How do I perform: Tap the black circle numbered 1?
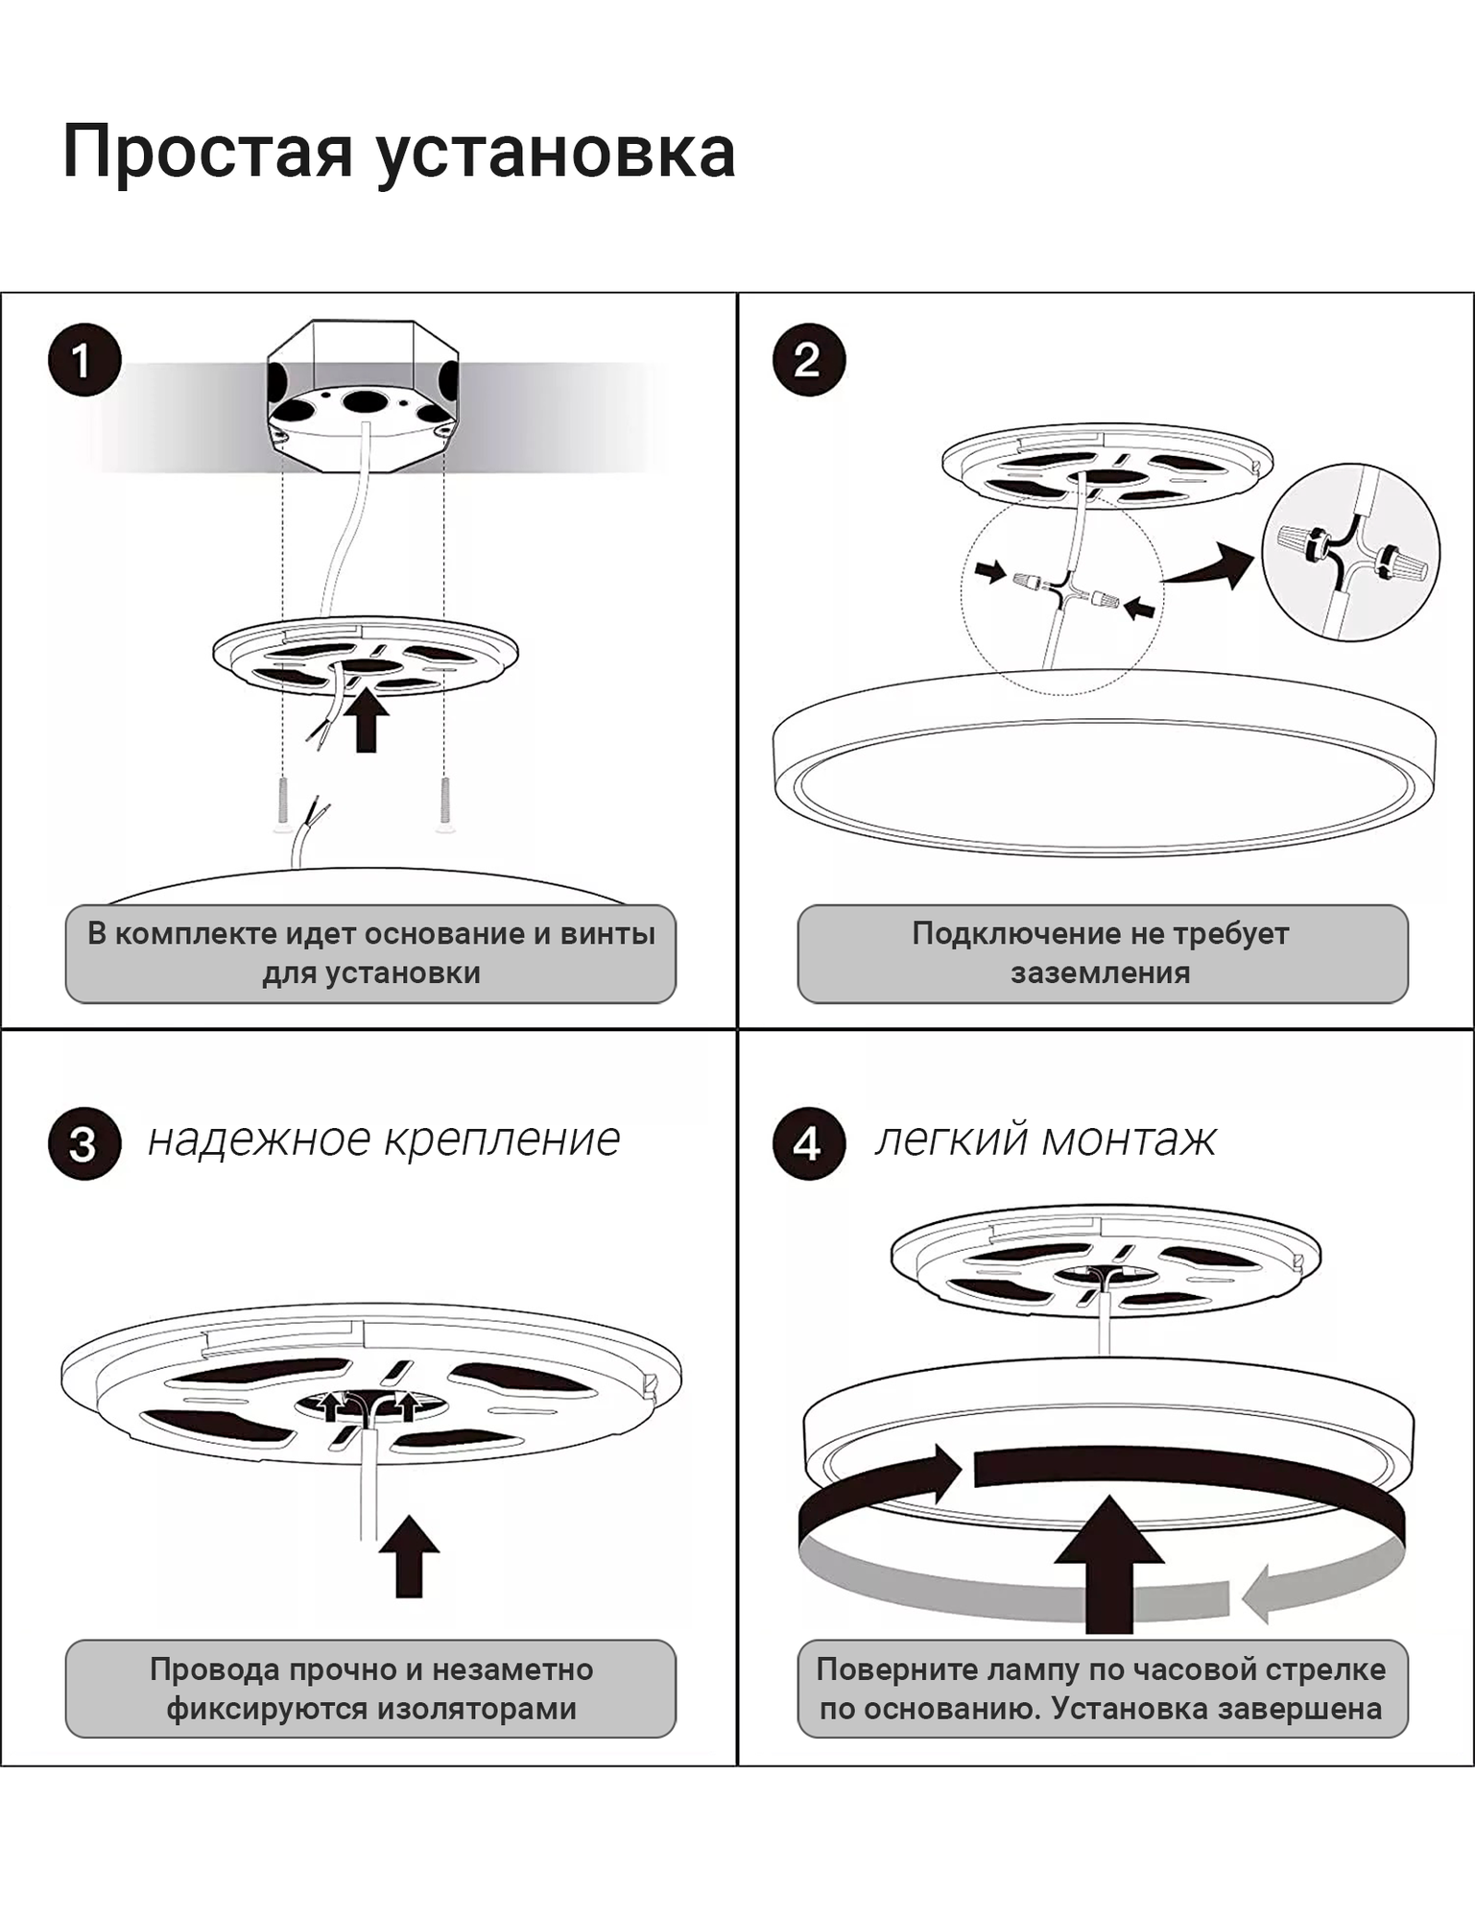coord(84,360)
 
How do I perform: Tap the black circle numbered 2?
coord(808,360)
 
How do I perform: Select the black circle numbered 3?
coord(84,1143)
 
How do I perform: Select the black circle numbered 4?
coord(808,1143)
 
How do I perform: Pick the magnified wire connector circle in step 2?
coord(1350,552)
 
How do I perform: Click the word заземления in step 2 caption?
coord(1100,972)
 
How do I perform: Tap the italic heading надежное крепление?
coord(384,1140)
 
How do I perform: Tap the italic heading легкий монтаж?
coord(1045,1140)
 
